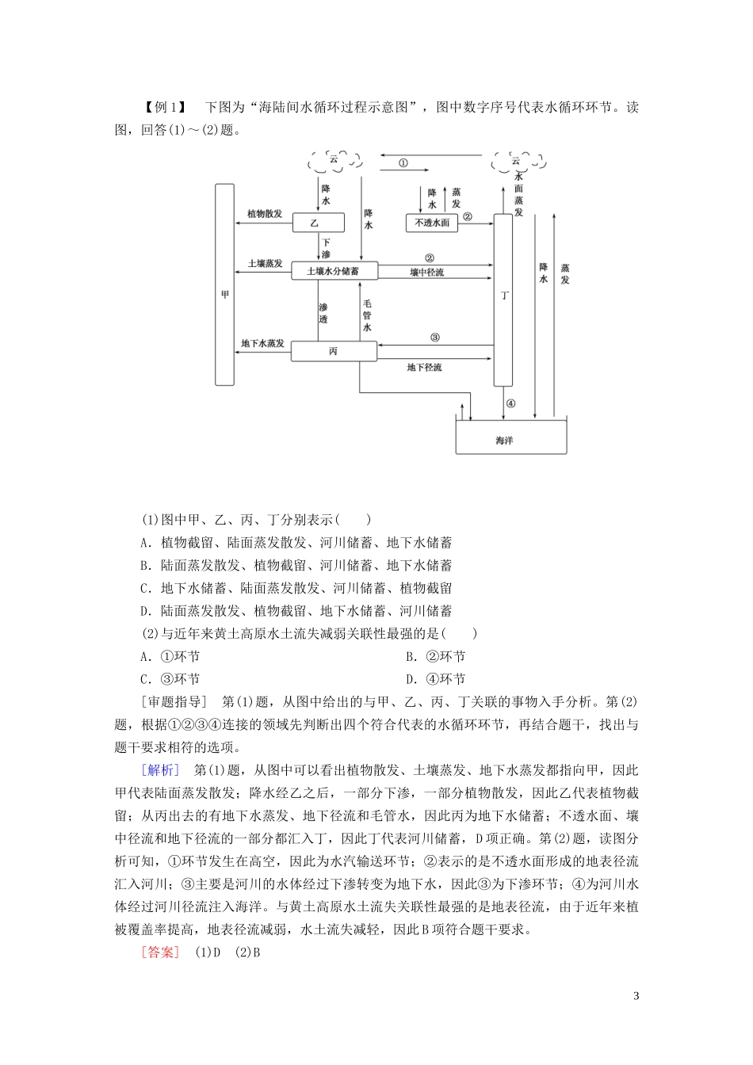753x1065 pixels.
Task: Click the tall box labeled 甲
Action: tap(224, 284)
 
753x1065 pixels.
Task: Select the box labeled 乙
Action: tap(314, 223)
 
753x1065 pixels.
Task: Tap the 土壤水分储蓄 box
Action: tap(333, 271)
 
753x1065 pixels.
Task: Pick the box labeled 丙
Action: tap(333, 351)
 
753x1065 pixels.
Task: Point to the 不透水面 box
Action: tap(432, 223)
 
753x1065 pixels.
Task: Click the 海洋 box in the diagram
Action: tap(510, 437)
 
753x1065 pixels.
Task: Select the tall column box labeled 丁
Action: tap(503, 298)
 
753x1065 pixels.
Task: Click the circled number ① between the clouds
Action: tap(403, 163)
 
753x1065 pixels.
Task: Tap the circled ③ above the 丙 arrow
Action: tap(435, 337)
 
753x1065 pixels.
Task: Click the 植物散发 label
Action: tap(264, 214)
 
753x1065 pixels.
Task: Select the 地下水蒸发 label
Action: tap(262, 343)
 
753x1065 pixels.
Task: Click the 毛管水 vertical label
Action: tap(367, 315)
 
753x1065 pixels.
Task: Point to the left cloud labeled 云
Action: tap(334, 161)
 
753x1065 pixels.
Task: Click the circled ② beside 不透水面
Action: tap(468, 216)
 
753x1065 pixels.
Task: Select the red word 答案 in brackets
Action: tap(160, 952)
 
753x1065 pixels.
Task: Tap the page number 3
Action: tap(636, 996)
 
